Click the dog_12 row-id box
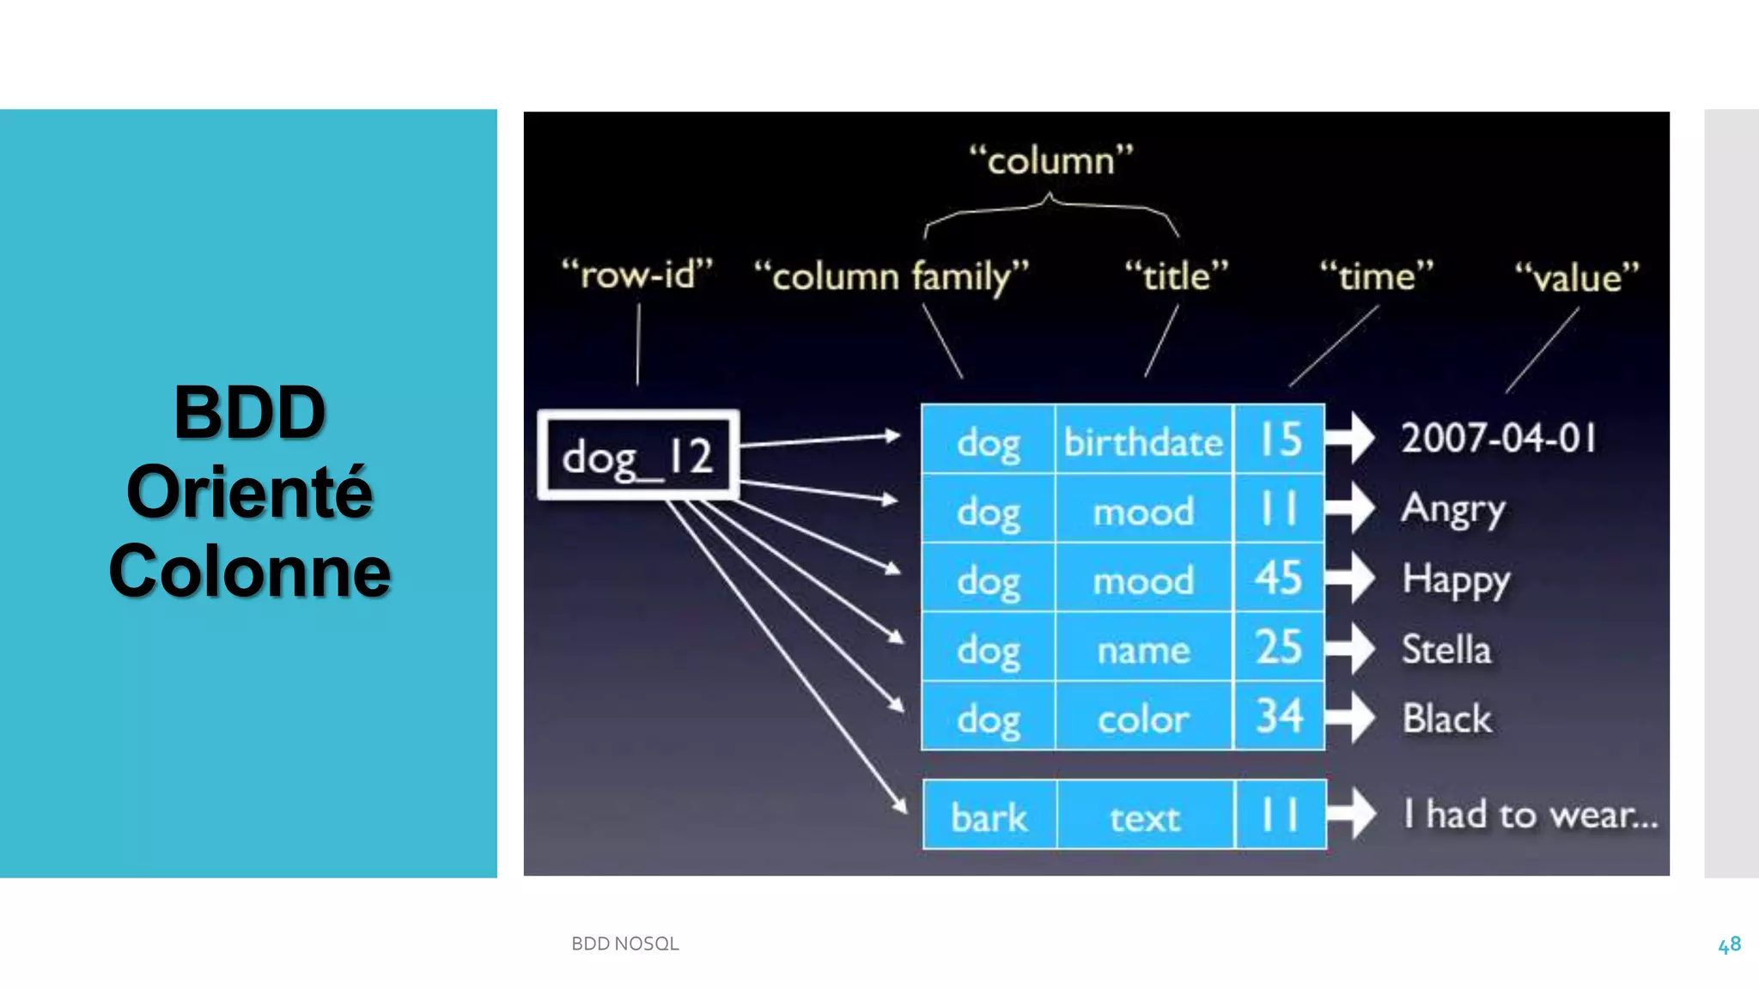pos(637,455)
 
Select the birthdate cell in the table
pos(1143,442)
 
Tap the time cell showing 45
pos(1279,579)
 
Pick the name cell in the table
pos(1143,650)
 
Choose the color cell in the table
pos(1143,719)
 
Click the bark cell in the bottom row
pos(989,816)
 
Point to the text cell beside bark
pos(1145,816)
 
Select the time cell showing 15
pos(1279,440)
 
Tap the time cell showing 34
pos(1279,717)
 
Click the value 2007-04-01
pos(1499,438)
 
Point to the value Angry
pos(1453,509)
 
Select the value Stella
pos(1446,649)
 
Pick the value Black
pos(1447,719)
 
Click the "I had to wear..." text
pos(1530,814)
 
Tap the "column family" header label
pos(891,276)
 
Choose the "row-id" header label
pos(636,275)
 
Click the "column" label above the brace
pos(1051,161)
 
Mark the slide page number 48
pos(1729,944)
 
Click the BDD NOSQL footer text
pos(625,943)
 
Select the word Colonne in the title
pos(249,571)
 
